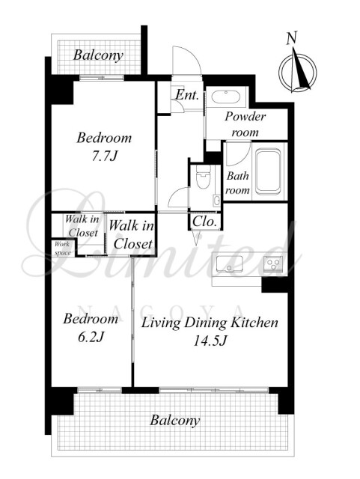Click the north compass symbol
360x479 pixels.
[297, 72]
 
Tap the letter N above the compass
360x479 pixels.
[292, 38]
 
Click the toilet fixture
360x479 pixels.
[204, 177]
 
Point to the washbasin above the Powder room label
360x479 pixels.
[226, 97]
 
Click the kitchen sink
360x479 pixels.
[229, 264]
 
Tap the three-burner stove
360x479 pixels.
[273, 263]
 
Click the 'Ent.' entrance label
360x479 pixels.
[187, 95]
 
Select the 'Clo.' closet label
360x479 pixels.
[204, 222]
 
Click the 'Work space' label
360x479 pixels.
[63, 248]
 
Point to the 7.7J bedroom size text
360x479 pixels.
[105, 156]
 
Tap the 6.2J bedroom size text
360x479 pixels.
[91, 337]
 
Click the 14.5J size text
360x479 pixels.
[210, 341]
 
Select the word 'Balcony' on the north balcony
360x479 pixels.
[98, 55]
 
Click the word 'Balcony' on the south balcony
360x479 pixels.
[175, 421]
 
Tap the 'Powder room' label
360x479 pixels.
[245, 124]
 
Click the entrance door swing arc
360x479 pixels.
[191, 52]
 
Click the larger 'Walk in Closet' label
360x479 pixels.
[132, 234]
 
